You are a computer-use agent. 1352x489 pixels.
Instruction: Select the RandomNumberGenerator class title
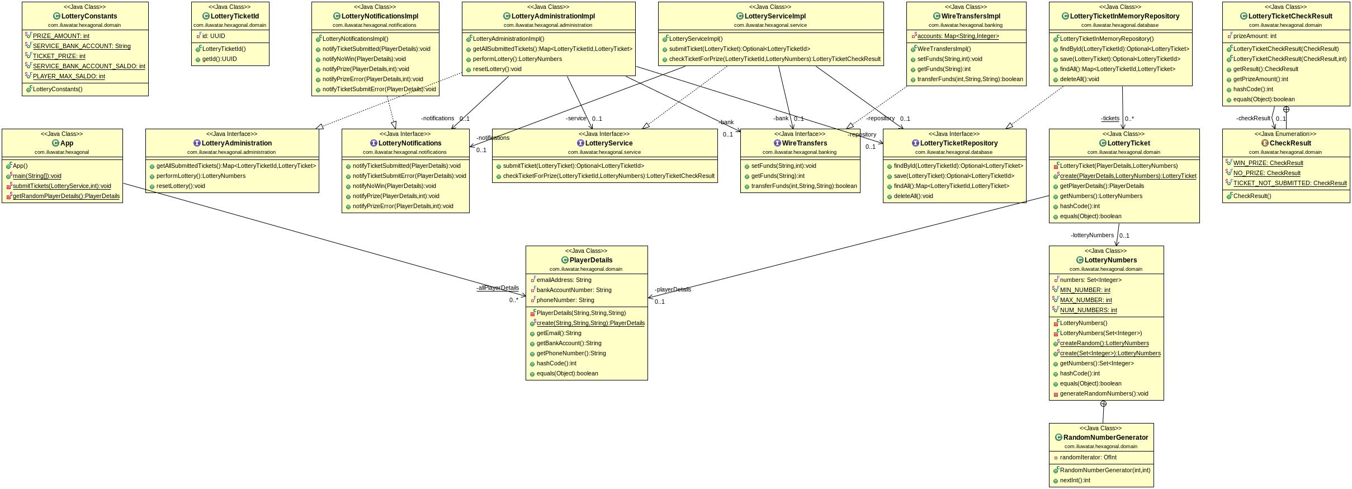coord(1105,438)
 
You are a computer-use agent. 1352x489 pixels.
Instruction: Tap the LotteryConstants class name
coord(89,16)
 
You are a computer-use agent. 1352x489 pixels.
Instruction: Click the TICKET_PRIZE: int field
coord(59,56)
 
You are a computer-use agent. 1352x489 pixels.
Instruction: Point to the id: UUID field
coord(214,36)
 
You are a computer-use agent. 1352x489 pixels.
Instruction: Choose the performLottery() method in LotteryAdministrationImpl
coord(517,59)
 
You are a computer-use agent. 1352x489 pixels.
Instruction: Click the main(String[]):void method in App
coord(37,176)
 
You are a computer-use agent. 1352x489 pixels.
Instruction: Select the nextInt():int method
coord(1075,480)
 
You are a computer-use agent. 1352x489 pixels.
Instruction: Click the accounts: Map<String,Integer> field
coord(958,36)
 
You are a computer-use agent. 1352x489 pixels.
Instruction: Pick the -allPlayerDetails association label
coord(498,288)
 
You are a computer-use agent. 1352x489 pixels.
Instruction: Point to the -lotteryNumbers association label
coord(1092,235)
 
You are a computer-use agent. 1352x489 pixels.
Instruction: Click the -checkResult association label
coord(1253,118)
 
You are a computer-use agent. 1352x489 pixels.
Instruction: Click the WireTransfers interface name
coord(804,143)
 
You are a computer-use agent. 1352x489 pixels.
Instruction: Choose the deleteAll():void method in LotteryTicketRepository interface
coord(913,196)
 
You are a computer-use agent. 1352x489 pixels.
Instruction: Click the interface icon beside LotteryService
coord(580,143)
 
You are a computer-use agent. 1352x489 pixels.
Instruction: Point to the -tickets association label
coord(1110,118)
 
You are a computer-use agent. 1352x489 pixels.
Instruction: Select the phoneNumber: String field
coord(565,300)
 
